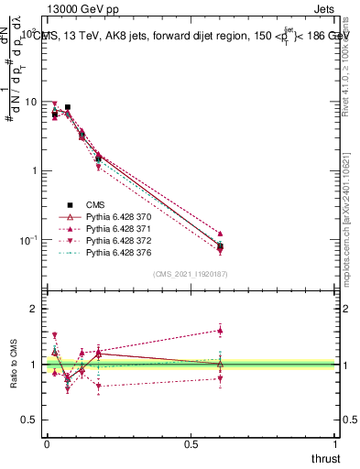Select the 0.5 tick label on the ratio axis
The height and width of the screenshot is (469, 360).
[x=32, y=420]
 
